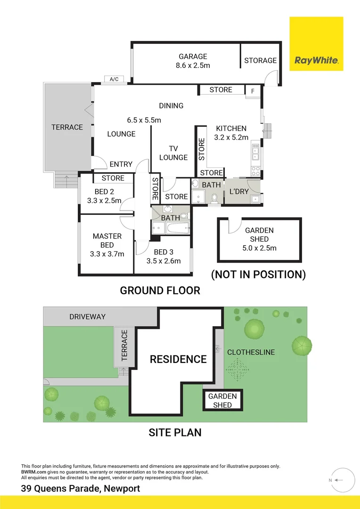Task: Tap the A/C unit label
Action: (x=114, y=79)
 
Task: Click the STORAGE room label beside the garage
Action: (x=260, y=60)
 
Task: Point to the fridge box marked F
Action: (x=253, y=91)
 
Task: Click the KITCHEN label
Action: (x=231, y=128)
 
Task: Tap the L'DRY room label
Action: (x=238, y=192)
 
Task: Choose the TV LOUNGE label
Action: (x=173, y=153)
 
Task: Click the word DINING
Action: (x=171, y=106)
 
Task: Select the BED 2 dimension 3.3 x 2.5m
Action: (x=104, y=200)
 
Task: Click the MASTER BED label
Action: (x=107, y=240)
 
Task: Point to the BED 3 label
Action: (x=164, y=252)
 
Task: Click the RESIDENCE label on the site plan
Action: (x=178, y=359)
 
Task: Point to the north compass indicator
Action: (x=341, y=480)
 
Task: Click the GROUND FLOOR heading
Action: (x=160, y=290)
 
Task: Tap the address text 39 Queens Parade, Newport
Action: (x=81, y=488)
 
